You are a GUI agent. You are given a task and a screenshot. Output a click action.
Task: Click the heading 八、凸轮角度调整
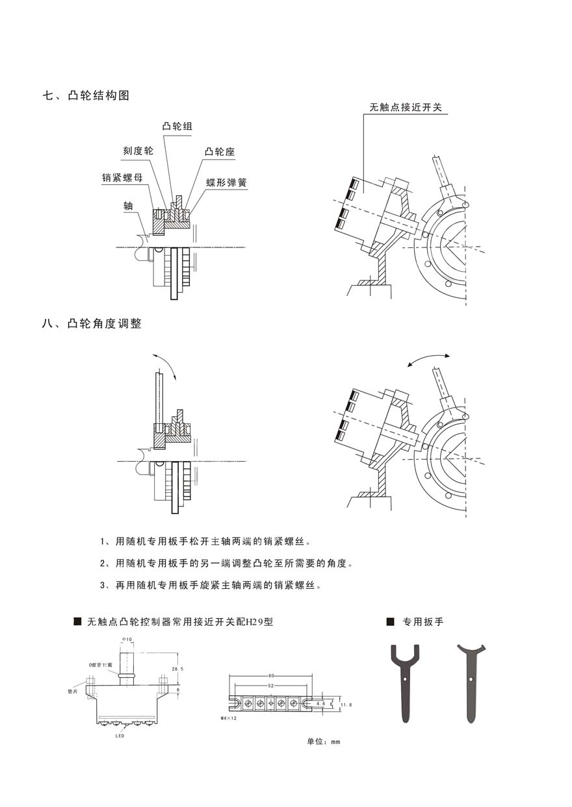coord(92,323)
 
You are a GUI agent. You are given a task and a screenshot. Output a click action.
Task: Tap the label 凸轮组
coord(177,127)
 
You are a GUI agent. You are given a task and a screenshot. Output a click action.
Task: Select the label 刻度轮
coord(138,151)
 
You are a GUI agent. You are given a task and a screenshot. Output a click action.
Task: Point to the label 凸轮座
coord(220,151)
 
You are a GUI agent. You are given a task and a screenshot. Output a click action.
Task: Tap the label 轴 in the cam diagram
coord(129,205)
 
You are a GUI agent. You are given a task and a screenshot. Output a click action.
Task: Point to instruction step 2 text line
coord(227,563)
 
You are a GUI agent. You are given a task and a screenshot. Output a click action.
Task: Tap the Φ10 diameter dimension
coord(127,639)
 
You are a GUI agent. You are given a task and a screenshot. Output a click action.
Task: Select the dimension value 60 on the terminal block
coord(270,677)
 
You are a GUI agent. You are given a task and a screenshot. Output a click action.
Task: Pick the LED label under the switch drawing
coord(120,736)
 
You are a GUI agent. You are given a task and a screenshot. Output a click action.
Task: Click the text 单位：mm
coord(324,741)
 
